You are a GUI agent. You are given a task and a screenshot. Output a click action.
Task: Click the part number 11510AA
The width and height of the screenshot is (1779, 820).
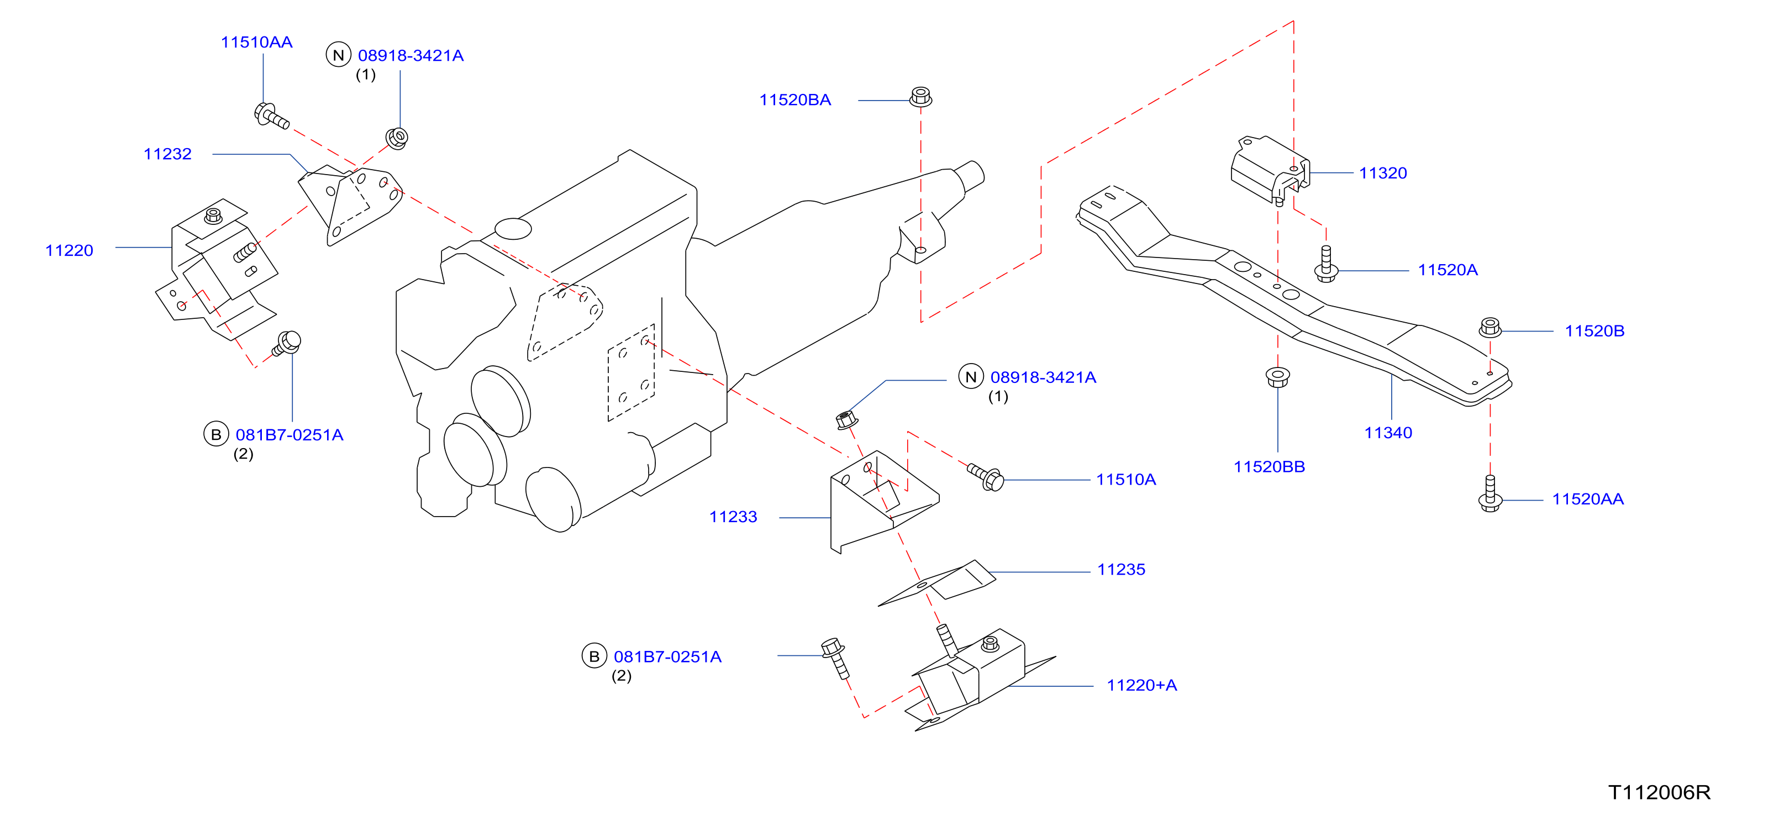pos(256,42)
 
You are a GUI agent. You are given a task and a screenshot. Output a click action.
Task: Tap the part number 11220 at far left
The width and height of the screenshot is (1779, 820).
pos(69,251)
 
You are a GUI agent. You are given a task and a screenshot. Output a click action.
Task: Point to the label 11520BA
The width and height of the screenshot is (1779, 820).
pos(795,100)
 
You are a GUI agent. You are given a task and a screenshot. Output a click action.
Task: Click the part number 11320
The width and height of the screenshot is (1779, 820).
pos(1382,174)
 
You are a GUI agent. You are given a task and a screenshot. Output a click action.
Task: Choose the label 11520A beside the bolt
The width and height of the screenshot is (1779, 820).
pos(1448,270)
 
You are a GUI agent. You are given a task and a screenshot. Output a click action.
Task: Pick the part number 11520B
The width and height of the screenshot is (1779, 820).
pos(1594,331)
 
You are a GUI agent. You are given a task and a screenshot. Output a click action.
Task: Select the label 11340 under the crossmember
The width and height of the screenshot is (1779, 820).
pos(1388,433)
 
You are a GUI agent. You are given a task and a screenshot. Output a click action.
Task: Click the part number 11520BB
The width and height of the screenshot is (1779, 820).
pos(1270,467)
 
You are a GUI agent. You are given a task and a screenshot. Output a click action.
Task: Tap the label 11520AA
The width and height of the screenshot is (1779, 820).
pos(1588,500)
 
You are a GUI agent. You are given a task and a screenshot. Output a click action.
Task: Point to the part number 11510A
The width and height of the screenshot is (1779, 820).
pos(1126,480)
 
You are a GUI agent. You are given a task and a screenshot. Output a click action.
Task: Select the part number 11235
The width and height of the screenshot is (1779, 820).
pos(1121,570)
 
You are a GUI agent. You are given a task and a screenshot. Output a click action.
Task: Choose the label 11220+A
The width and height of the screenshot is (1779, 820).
pos(1141,685)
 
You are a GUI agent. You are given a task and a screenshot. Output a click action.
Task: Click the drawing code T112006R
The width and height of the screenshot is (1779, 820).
pos(1660,792)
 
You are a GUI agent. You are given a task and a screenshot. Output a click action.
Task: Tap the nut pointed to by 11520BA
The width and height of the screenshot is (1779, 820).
pos(920,97)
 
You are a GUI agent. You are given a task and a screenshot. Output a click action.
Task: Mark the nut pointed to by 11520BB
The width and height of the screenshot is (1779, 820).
pos(1277,377)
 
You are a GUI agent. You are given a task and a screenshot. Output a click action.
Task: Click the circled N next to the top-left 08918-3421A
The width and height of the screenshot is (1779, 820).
pos(338,55)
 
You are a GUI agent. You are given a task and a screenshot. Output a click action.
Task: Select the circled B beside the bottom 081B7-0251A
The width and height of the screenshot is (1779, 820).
pos(594,656)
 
